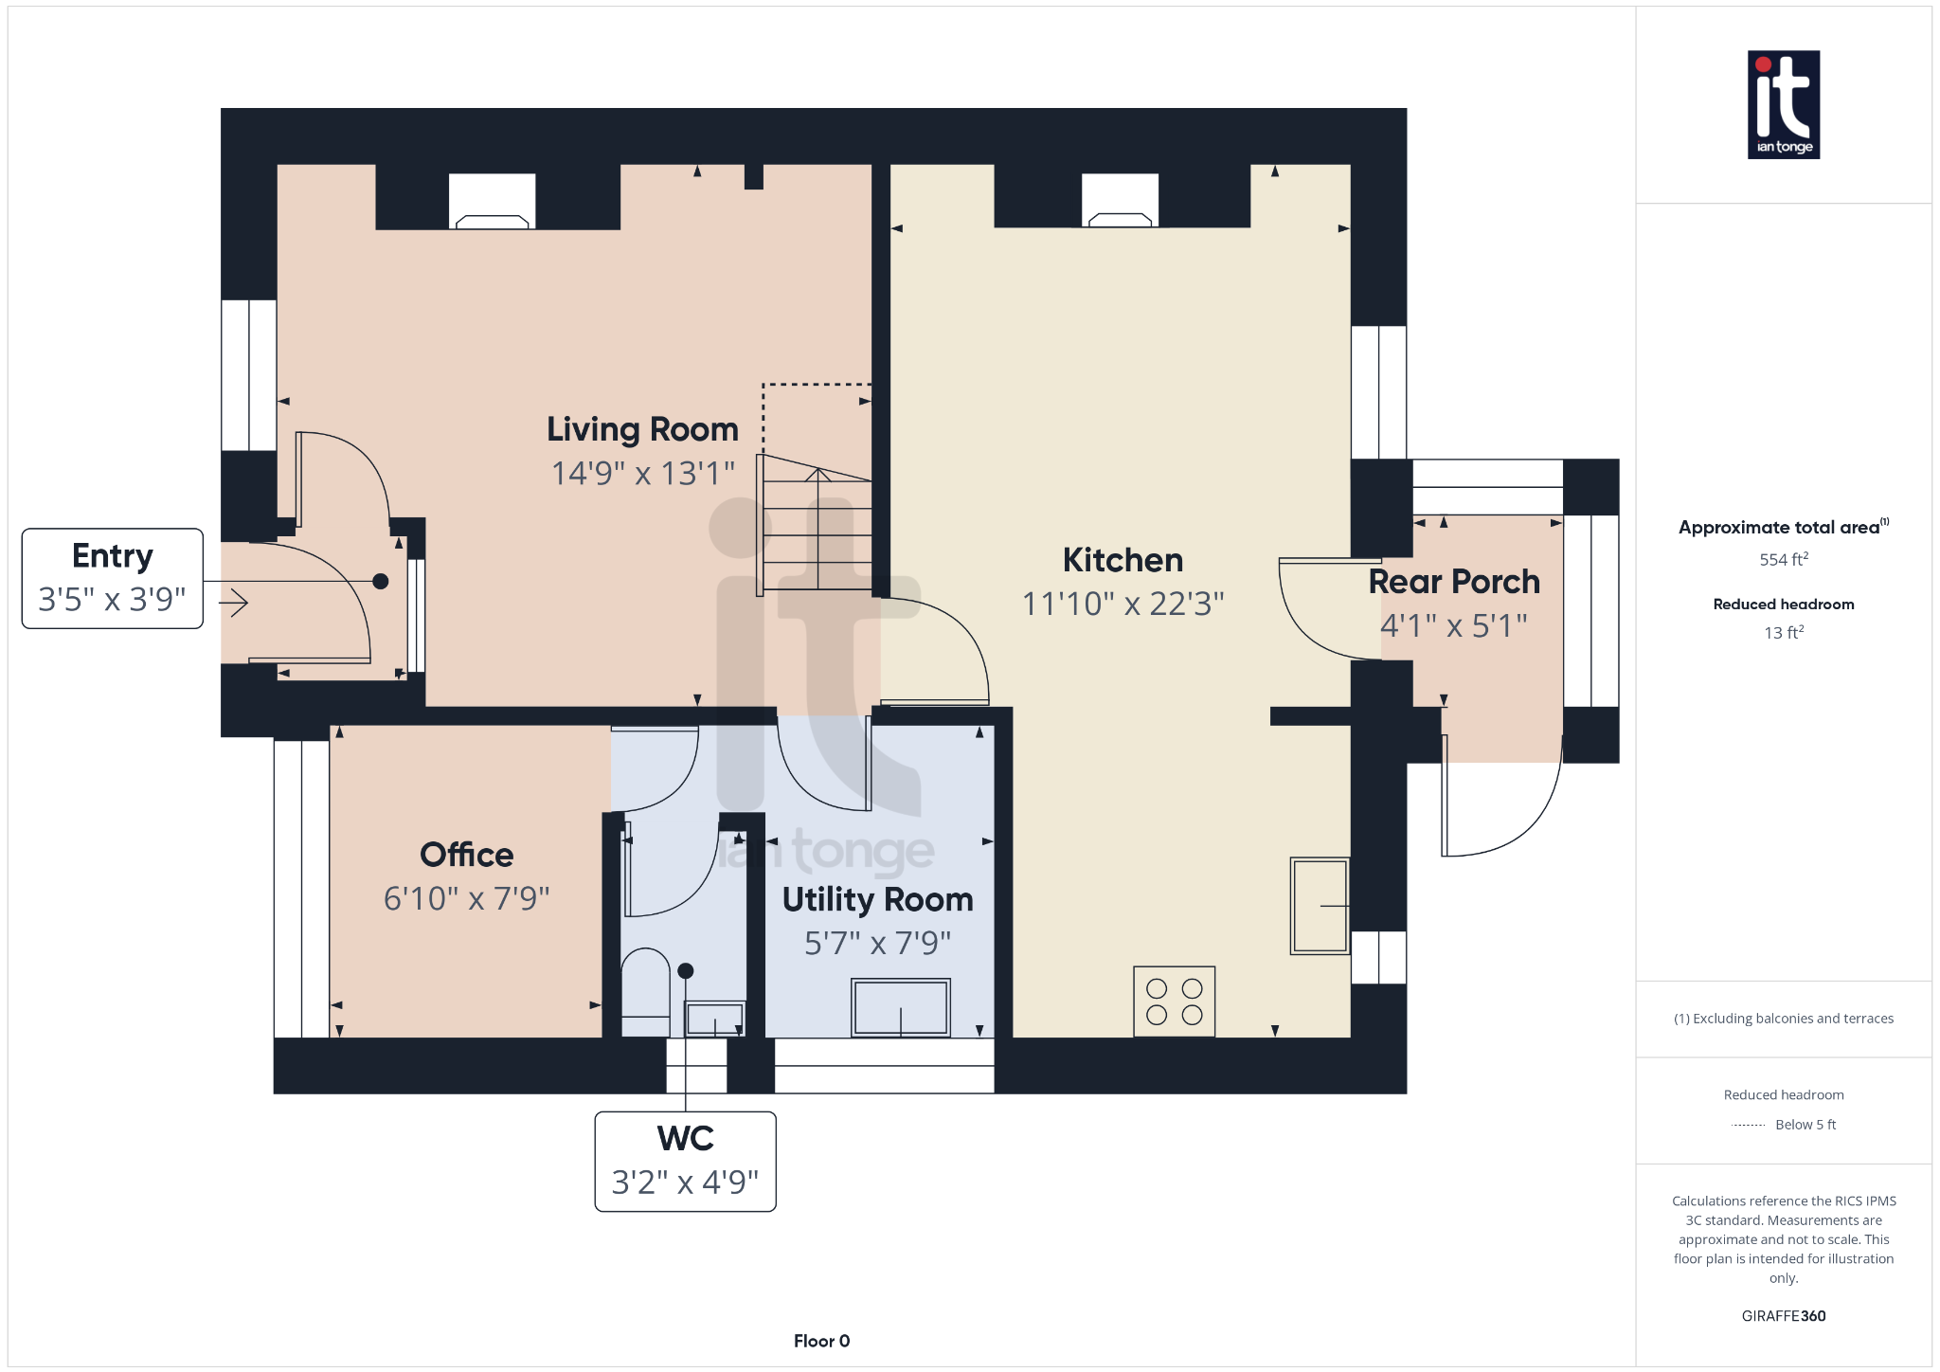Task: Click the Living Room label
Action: click(x=642, y=429)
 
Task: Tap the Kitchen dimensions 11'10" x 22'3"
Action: click(x=1123, y=604)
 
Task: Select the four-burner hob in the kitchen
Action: click(x=1174, y=1002)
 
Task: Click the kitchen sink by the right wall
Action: click(x=1320, y=906)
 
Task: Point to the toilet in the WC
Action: click(x=645, y=992)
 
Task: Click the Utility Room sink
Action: click(x=900, y=1007)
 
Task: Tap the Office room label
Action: click(x=467, y=855)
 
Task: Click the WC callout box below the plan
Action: click(x=685, y=1162)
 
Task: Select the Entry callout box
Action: click(x=113, y=578)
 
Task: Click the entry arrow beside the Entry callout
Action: click(x=234, y=602)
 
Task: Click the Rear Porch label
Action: click(x=1454, y=582)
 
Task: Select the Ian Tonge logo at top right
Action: click(x=1784, y=104)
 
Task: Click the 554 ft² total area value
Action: click(x=1784, y=559)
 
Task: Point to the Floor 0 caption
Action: click(x=821, y=1341)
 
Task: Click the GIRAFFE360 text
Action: click(x=1784, y=1316)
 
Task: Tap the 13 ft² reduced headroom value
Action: click(x=1784, y=632)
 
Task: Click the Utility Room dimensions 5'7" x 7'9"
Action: click(x=877, y=944)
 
